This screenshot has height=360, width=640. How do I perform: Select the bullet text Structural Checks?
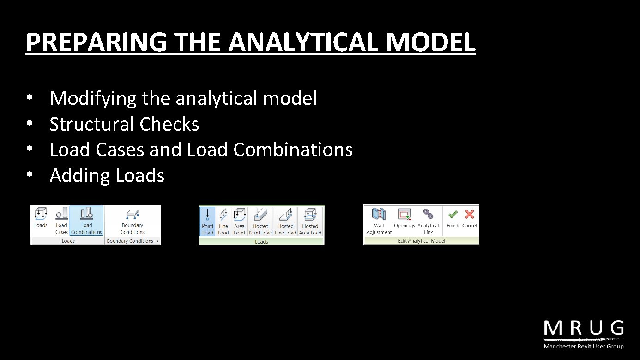(124, 124)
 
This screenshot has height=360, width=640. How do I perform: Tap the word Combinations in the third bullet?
(293, 150)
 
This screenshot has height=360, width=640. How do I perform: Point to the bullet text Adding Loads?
(107, 175)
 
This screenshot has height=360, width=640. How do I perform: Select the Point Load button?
(207, 222)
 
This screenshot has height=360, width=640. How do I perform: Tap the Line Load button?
(223, 222)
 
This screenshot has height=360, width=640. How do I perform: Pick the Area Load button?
(239, 222)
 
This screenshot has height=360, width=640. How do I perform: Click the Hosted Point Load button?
(260, 222)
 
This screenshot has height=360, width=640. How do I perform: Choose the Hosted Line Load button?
(285, 222)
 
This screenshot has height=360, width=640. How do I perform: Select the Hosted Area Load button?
(310, 222)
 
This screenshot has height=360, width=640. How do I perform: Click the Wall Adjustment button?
(379, 221)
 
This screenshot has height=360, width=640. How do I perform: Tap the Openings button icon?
(404, 215)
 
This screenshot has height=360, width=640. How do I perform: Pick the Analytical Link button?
(429, 221)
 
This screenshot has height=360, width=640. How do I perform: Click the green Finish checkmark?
(453, 215)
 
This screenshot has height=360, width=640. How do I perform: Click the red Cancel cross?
(469, 215)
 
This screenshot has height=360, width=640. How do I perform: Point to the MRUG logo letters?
(584, 329)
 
